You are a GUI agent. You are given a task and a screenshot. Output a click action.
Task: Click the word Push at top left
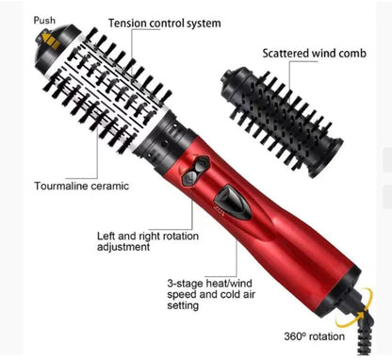pos(19,20)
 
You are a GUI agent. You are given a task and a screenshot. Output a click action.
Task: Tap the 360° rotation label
pos(315,336)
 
